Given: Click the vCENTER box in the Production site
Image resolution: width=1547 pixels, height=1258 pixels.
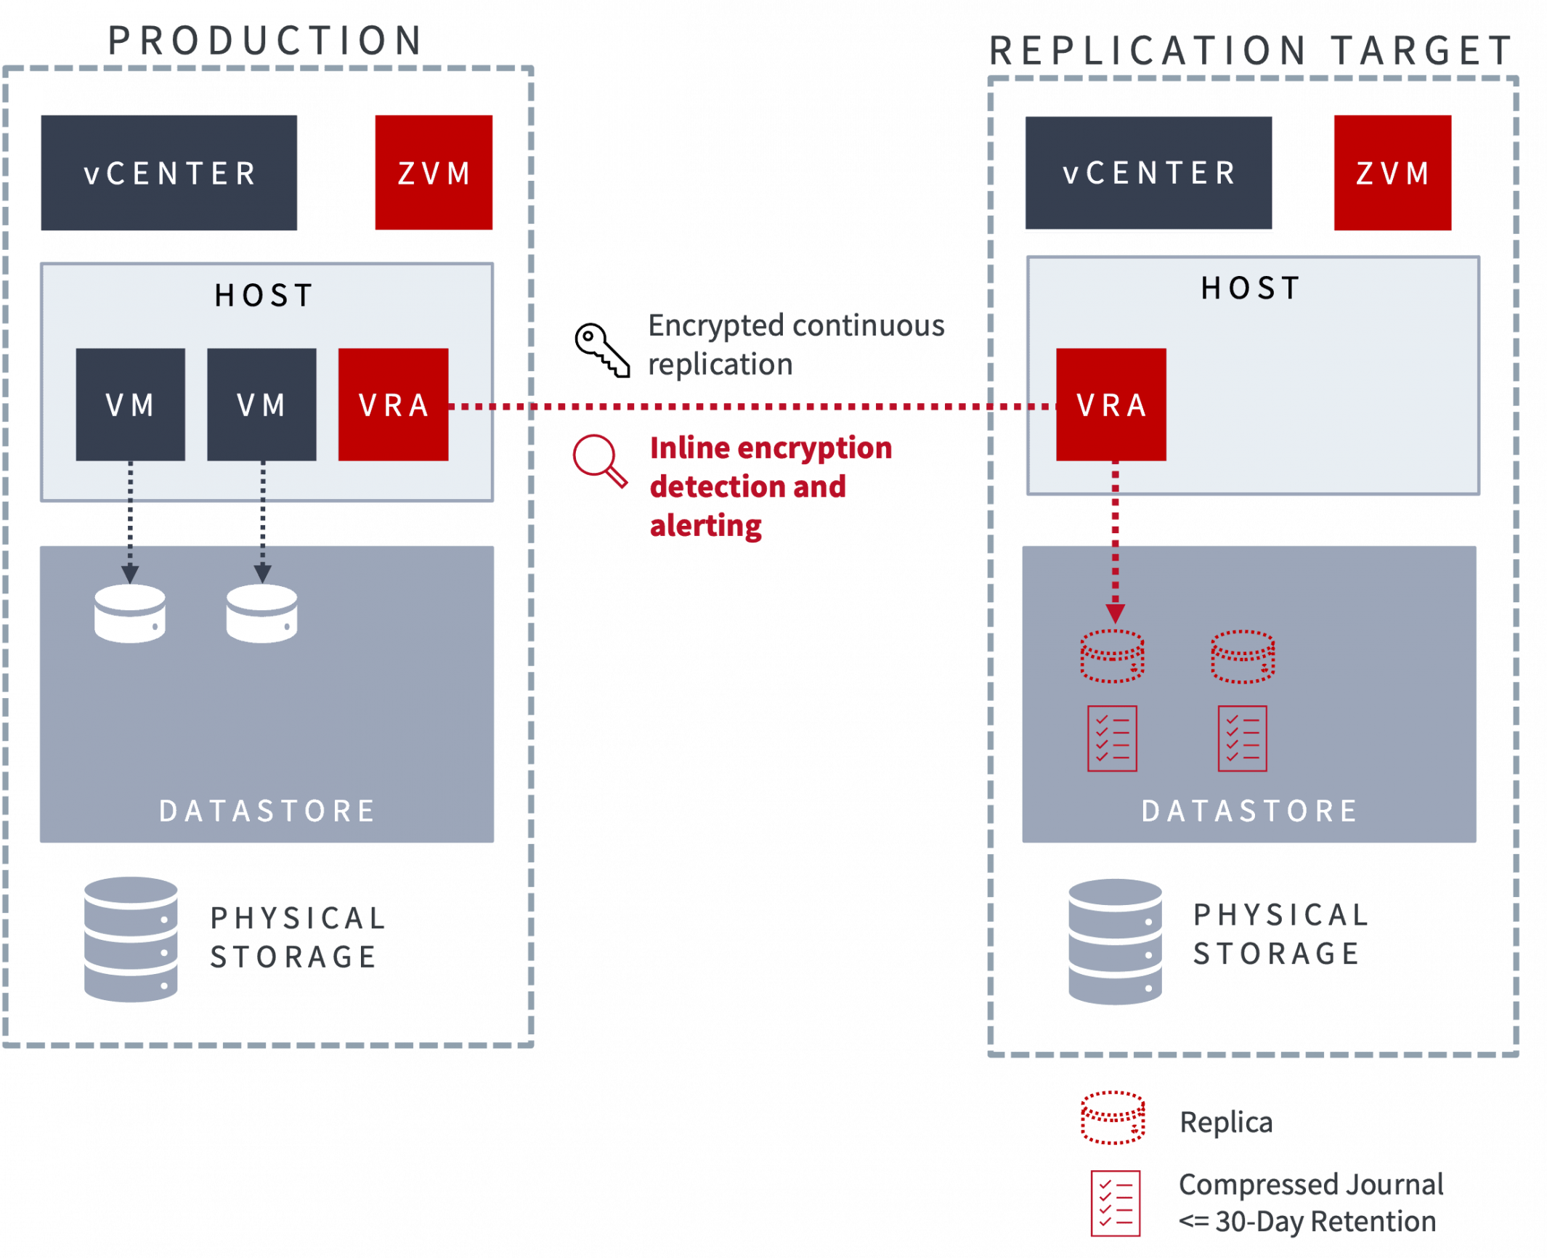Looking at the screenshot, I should [x=168, y=173].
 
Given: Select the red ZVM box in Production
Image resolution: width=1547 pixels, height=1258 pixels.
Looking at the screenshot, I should [x=434, y=173].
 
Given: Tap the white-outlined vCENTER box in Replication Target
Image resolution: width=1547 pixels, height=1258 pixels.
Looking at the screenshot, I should [x=1148, y=173].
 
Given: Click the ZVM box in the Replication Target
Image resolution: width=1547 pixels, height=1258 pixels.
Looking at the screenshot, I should [x=1392, y=173].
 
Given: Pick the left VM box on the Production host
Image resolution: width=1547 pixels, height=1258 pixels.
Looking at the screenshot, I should [x=131, y=405].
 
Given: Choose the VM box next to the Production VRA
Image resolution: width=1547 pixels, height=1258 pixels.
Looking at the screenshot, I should [x=261, y=405].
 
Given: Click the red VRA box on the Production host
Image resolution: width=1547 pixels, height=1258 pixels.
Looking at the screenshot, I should [x=393, y=405].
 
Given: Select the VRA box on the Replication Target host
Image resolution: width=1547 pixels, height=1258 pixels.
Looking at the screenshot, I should [x=1110, y=405].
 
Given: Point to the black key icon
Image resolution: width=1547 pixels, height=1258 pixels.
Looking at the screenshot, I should [x=600, y=350].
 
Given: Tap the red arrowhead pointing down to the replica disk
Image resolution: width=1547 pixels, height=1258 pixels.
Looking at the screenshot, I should [x=1115, y=612].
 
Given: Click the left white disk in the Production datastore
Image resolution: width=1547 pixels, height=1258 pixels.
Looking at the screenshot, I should [x=130, y=614].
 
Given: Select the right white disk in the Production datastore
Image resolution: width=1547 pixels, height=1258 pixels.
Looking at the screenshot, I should [x=261, y=614].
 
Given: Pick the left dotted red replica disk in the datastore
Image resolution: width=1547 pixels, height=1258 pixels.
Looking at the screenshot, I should [x=1112, y=656].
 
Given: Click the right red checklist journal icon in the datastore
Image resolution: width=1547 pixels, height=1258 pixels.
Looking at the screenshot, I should [x=1242, y=738].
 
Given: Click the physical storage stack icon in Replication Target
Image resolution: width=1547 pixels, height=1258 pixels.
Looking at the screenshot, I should [x=1114, y=941].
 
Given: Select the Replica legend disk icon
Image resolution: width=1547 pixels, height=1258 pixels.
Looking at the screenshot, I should [x=1113, y=1118].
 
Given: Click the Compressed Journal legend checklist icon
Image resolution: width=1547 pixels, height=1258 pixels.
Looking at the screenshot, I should [x=1115, y=1203].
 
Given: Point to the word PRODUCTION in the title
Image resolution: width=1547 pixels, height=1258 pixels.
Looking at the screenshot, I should [x=265, y=41].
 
